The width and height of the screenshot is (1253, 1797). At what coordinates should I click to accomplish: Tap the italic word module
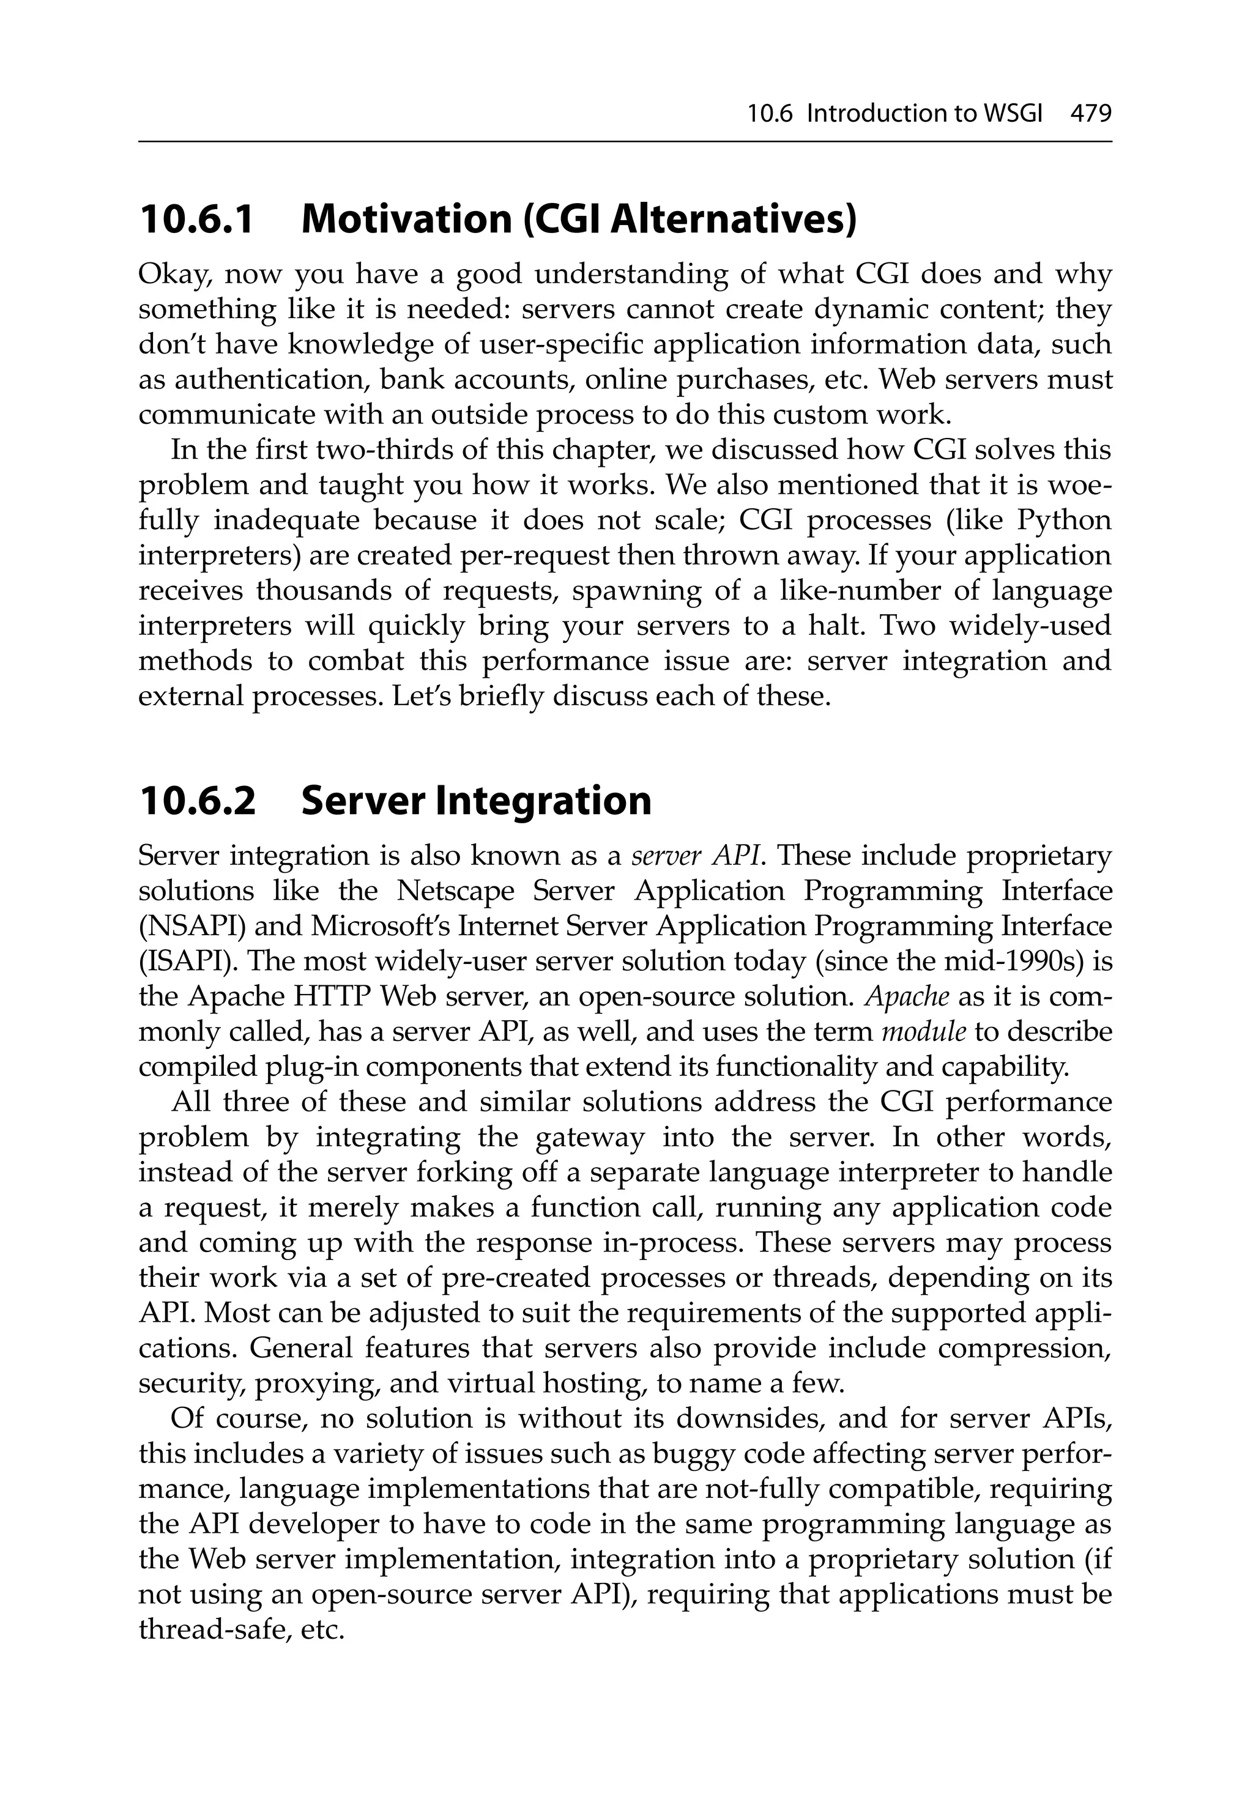coord(923,1032)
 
